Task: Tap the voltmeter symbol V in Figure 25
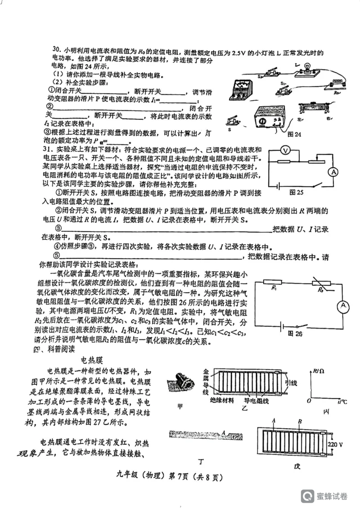tap(284, 150)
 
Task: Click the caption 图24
tap(294, 134)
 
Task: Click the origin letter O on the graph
tap(309, 400)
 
